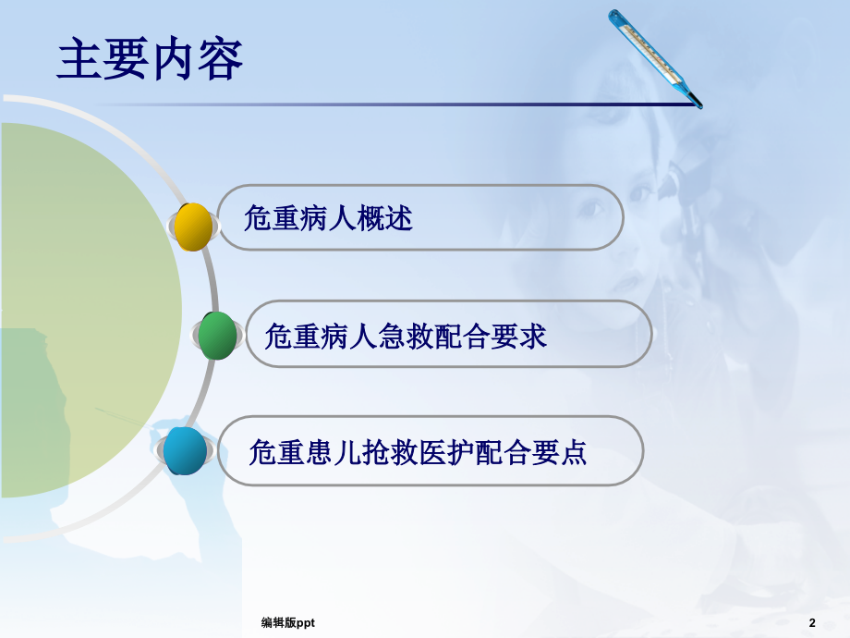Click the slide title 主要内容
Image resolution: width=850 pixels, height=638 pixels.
(x=151, y=60)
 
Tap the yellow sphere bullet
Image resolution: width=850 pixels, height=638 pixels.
(x=194, y=227)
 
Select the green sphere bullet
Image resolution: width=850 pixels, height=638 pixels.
(x=218, y=336)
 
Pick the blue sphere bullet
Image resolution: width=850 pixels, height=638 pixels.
(x=186, y=451)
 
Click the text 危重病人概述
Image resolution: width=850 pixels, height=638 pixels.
(x=328, y=219)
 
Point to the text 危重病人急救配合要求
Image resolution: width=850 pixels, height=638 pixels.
(x=406, y=335)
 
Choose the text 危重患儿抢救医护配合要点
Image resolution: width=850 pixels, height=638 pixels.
(x=418, y=452)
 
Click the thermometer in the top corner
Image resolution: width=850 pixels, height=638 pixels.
(x=654, y=57)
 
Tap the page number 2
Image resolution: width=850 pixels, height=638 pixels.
(x=812, y=622)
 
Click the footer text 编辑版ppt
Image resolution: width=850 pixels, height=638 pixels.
(x=287, y=623)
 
